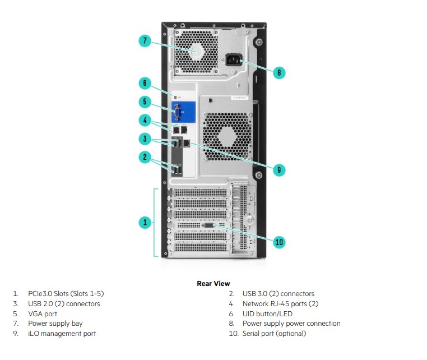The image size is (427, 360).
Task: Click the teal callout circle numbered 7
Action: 145,41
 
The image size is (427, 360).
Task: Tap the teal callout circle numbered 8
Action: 279,72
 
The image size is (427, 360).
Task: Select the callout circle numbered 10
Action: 279,242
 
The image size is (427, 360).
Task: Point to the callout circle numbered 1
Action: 145,222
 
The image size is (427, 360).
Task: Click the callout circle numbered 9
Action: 279,170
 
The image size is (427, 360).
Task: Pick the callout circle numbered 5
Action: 145,101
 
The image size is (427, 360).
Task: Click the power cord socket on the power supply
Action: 233,59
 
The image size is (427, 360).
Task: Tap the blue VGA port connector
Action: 177,112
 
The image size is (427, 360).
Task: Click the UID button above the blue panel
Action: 175,97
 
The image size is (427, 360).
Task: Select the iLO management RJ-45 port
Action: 187,143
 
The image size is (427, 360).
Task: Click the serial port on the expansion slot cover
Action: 208,225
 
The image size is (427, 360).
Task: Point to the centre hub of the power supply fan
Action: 196,52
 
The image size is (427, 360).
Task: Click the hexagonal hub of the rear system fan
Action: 228,137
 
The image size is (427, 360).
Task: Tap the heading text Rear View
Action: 214,283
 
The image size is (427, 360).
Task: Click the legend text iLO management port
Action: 62,334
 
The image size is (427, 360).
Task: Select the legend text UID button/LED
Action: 267,313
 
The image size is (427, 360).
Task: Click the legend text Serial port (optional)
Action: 274,334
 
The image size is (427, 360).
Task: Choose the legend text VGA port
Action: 43,314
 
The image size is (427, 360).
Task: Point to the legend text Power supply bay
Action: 55,324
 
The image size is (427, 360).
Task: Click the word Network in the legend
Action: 256,303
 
